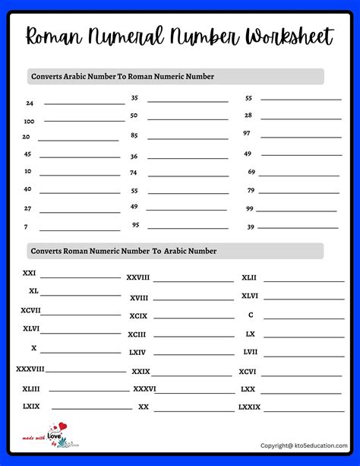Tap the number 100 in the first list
(x=29, y=121)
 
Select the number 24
(x=30, y=103)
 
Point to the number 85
(x=134, y=135)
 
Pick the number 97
(x=247, y=133)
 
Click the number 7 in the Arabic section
(x=26, y=227)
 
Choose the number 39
(x=251, y=227)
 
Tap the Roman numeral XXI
(x=29, y=272)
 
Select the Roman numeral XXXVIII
(x=30, y=369)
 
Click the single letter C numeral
(x=251, y=315)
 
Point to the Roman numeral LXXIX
(x=249, y=407)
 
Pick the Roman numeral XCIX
(x=138, y=315)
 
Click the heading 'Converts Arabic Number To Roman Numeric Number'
(x=122, y=77)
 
